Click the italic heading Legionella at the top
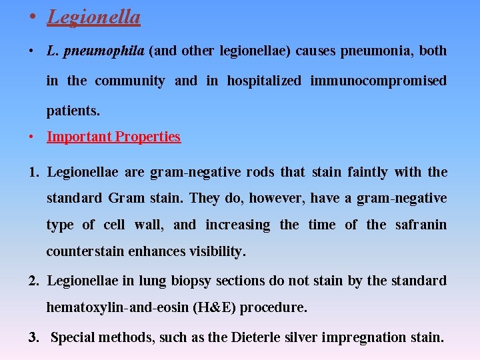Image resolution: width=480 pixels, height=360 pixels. click(x=93, y=17)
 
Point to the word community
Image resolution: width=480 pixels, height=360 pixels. click(x=130, y=81)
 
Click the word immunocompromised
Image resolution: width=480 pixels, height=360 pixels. click(x=378, y=81)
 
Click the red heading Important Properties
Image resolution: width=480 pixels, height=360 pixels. click(x=113, y=137)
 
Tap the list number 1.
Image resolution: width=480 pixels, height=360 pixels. click(x=34, y=173)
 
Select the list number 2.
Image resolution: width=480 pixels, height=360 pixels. click(x=34, y=281)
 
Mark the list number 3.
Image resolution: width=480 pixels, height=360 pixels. click(x=34, y=337)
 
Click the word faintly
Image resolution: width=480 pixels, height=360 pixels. click(x=367, y=173)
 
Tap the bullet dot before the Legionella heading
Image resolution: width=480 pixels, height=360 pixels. click(x=32, y=17)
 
